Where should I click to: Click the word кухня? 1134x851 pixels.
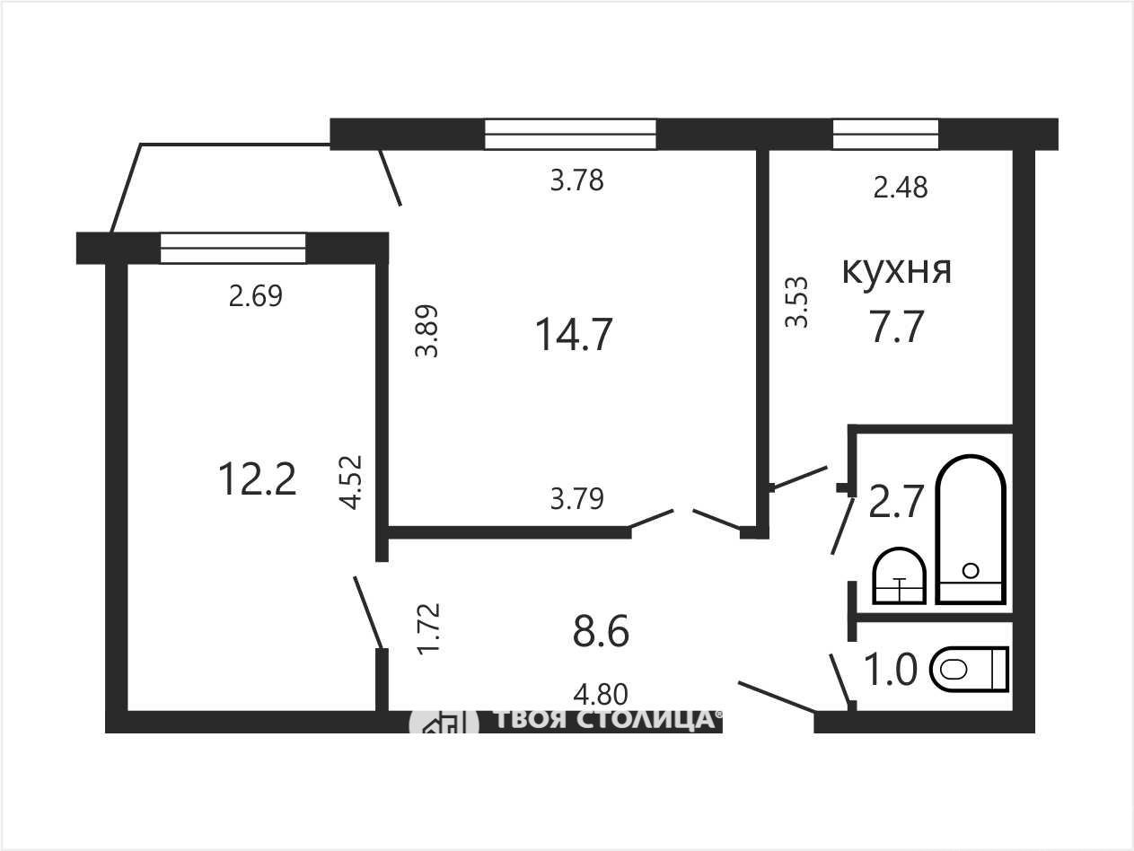coord(896,271)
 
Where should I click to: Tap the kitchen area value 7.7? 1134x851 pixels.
coord(896,327)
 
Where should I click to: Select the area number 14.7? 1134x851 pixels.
coord(574,335)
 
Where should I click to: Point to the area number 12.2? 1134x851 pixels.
coord(258,479)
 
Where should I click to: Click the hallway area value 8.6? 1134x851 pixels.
coord(601,631)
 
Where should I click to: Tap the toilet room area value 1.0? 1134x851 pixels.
coord(890,670)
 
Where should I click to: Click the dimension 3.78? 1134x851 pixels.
coord(577,180)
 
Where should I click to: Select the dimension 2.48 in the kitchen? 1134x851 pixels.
coord(901,188)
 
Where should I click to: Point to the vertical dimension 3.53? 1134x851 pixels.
coord(796,303)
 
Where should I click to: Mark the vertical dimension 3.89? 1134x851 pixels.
coord(426,331)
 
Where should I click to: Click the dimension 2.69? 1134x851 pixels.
coord(256,296)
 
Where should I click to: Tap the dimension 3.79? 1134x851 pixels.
coord(577,499)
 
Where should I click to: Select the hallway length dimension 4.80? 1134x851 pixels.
coord(601,695)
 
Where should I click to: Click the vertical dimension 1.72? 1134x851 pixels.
coord(429,629)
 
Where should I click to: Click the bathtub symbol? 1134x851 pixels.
coord(971,530)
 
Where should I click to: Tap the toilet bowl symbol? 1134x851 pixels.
coord(969,670)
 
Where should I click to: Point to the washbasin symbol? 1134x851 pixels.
coord(900,576)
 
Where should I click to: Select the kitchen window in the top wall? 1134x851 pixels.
coord(885,135)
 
